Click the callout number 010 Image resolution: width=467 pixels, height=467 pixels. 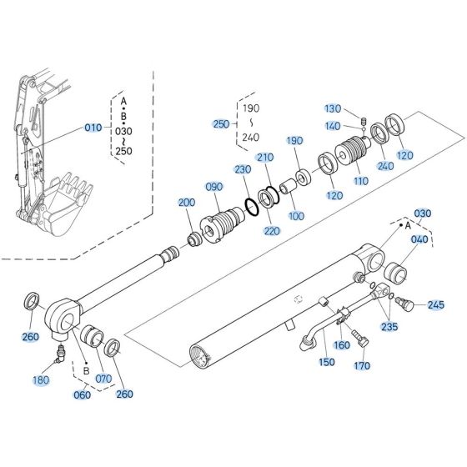tap(93, 128)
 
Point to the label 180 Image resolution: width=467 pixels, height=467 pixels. tap(40, 380)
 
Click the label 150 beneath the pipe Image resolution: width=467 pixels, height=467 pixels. tap(328, 362)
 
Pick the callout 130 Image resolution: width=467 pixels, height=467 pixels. tap(333, 109)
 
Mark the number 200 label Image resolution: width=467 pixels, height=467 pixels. tap(187, 203)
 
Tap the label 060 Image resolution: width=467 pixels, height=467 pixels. tap(82, 394)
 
